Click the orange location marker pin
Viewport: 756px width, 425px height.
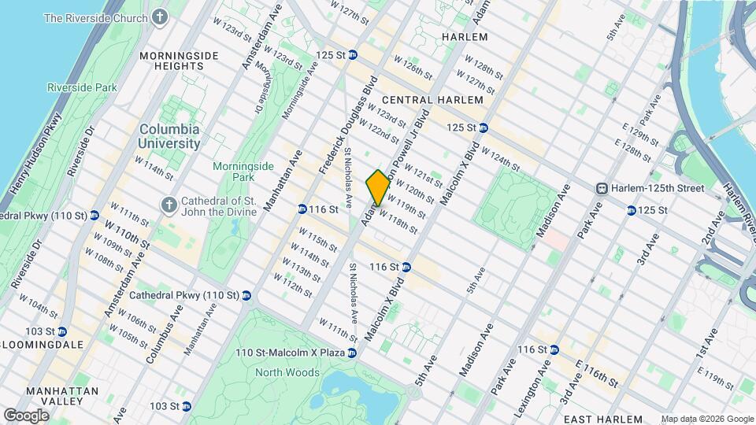[x=378, y=187]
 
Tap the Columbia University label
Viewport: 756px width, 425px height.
[x=169, y=136]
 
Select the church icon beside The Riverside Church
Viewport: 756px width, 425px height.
[x=161, y=17]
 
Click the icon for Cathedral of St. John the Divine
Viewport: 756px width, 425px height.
[x=168, y=205]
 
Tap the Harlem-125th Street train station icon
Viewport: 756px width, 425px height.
[x=602, y=188]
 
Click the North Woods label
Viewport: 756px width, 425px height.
[x=287, y=372]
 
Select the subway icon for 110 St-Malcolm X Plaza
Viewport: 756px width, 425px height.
[x=352, y=353]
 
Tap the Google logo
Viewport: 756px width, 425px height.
[x=26, y=415]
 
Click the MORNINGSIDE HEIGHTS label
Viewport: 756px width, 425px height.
[x=172, y=61]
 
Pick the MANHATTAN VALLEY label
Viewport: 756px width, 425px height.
[x=61, y=397]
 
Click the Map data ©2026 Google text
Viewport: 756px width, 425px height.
[x=706, y=419]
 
